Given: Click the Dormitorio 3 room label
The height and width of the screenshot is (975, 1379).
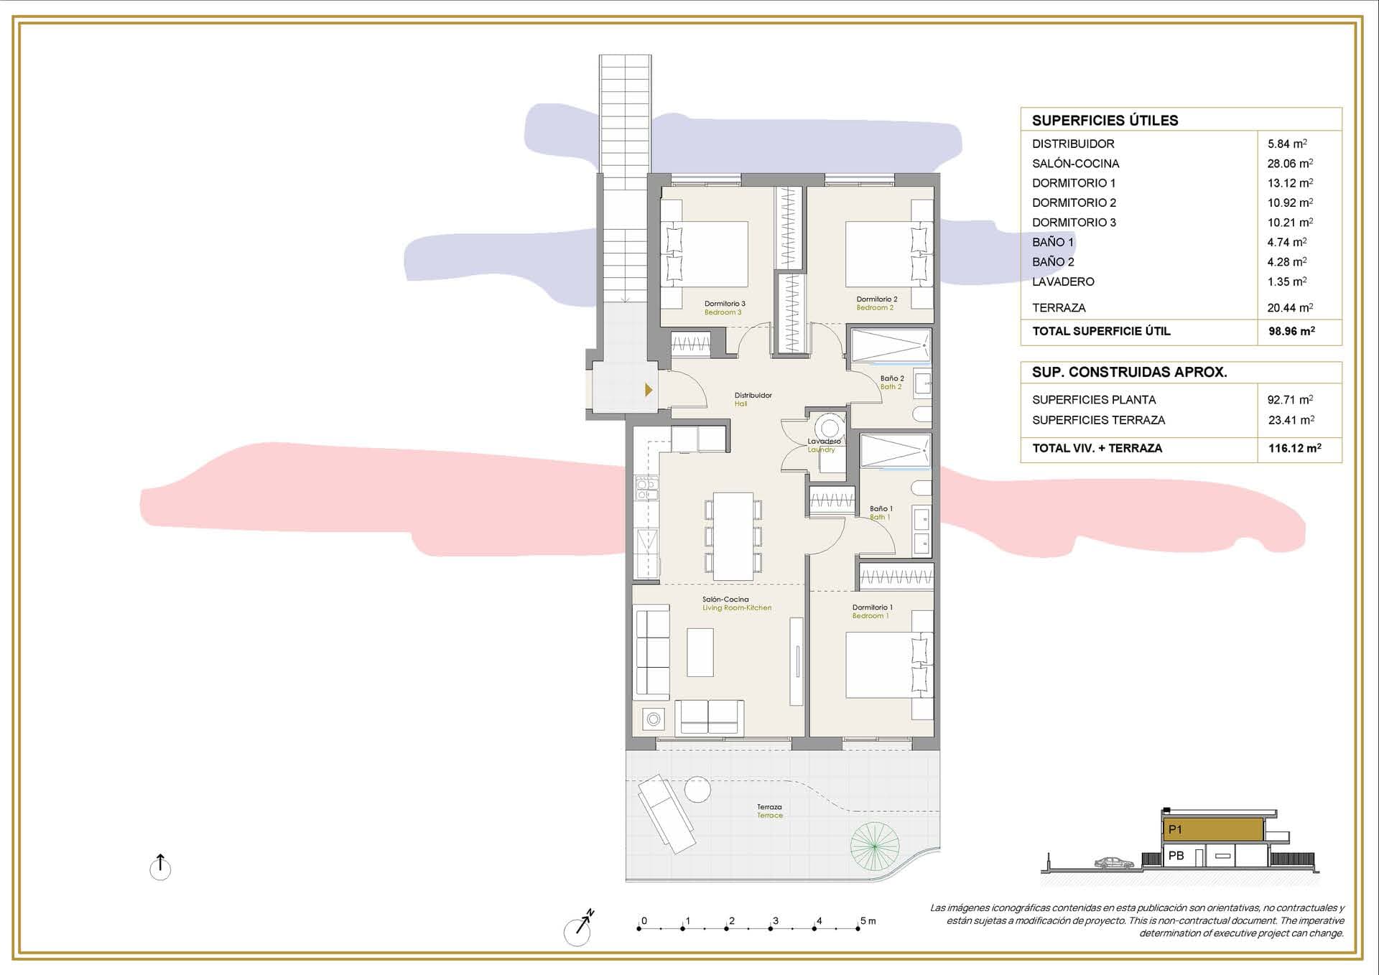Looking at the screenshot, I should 724,308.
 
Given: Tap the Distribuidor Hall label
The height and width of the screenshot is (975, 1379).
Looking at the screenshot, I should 753,399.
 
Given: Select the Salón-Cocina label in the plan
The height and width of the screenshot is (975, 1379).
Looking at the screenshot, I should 727,603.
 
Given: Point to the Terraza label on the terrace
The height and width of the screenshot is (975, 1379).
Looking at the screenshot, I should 769,811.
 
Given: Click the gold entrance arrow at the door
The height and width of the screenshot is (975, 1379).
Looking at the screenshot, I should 649,390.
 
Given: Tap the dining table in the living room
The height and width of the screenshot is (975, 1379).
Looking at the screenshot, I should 733,536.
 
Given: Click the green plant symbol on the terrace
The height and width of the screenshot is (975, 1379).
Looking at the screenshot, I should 874,846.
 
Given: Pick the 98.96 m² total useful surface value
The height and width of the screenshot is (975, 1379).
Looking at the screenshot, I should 1291,331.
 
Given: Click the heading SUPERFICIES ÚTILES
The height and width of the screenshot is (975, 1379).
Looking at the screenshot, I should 1105,121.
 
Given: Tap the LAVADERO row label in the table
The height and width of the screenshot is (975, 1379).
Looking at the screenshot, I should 1063,281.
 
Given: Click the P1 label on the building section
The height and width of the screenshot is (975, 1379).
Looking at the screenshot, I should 1175,829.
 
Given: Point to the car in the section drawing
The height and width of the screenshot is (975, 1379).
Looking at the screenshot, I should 1114,862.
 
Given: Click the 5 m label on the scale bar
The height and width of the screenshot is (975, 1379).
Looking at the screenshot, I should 868,920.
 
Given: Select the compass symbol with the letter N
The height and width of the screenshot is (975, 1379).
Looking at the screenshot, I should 579,929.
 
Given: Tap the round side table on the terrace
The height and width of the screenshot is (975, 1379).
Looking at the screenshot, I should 697,790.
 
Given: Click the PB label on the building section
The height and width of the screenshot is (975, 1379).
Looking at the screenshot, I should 1176,856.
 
